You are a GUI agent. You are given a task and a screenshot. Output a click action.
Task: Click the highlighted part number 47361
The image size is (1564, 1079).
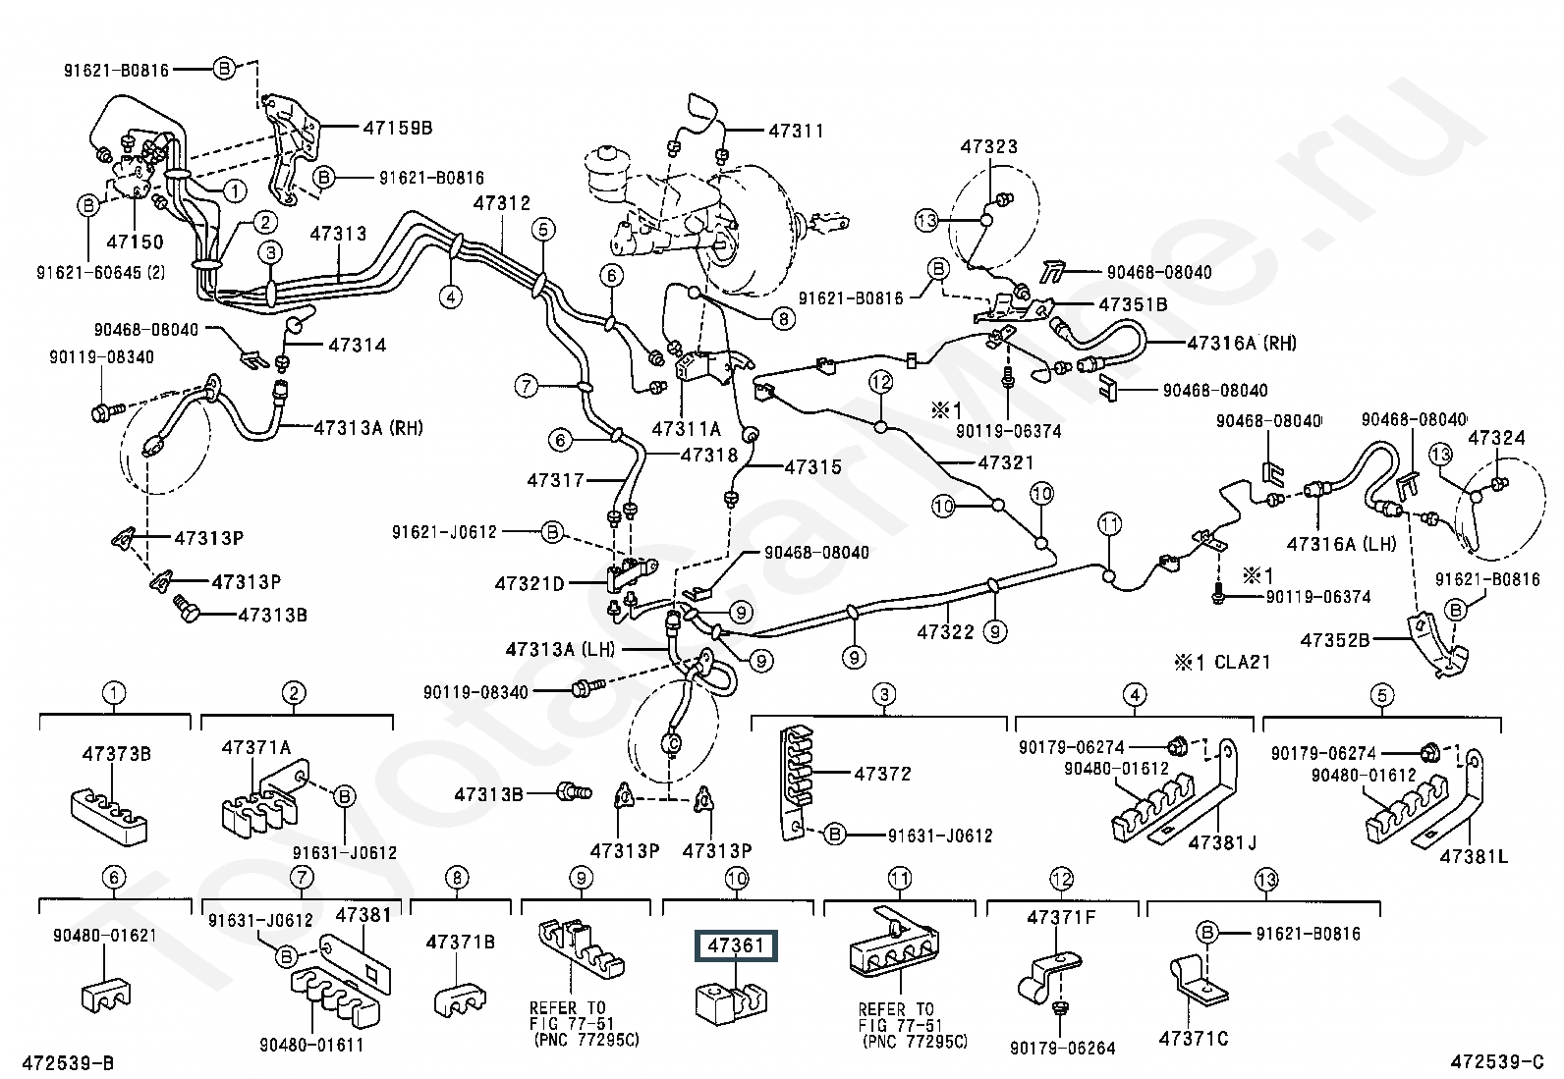(736, 946)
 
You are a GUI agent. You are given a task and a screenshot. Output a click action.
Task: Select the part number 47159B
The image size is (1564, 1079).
(398, 128)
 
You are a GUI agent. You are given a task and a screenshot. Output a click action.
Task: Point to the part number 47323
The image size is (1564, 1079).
(989, 147)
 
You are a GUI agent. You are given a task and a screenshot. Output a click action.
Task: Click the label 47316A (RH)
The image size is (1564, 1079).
(1242, 343)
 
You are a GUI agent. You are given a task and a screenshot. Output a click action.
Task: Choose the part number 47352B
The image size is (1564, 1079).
(1335, 640)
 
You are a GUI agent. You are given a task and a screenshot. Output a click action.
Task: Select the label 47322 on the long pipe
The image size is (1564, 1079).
(945, 631)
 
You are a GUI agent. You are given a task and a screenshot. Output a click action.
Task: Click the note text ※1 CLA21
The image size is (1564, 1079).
(1221, 663)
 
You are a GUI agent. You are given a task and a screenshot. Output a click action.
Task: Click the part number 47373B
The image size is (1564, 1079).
(115, 754)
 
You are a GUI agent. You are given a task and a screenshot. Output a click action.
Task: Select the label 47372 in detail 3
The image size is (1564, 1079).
(882, 774)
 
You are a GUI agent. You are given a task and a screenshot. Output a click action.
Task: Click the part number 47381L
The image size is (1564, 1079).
(1474, 857)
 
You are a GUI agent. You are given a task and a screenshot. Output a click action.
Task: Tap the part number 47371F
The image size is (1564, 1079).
(1061, 918)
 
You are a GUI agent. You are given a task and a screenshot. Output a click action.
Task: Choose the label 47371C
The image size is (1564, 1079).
(1193, 1038)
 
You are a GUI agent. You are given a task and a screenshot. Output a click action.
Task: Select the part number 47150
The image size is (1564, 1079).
(135, 242)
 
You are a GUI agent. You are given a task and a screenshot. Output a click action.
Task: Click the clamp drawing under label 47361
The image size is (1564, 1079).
(732, 998)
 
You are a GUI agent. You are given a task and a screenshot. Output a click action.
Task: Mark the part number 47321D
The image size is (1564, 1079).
(530, 584)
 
